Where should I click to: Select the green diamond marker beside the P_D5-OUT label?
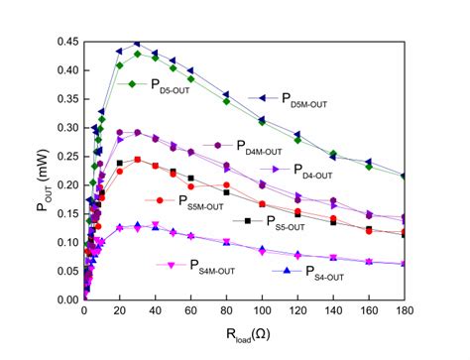coord(130,84)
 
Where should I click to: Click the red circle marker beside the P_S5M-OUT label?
coord(159,199)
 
